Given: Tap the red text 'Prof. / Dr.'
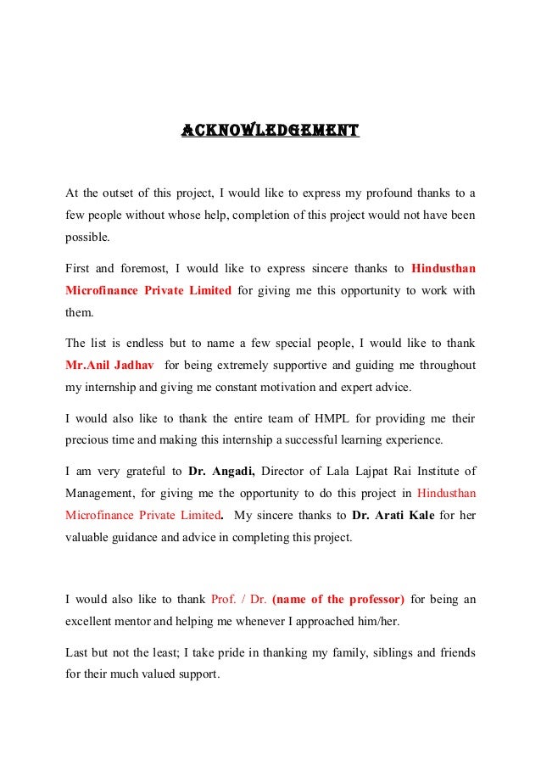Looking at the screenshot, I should tap(238, 600).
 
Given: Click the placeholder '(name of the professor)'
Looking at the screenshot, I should tap(338, 600).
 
